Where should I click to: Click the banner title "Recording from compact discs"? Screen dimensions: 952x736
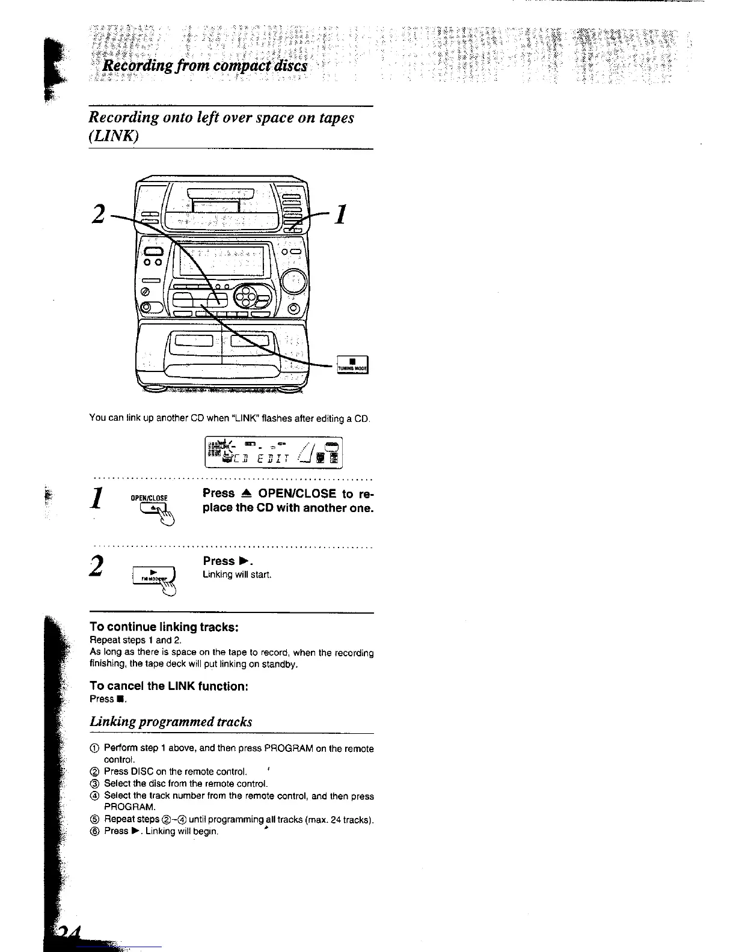click(x=205, y=65)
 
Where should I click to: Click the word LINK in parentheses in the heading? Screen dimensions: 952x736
click(x=114, y=136)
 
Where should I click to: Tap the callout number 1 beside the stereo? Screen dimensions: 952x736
click(x=340, y=213)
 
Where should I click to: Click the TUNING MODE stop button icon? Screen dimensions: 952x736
click(x=353, y=365)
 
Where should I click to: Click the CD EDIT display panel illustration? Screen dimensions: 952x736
click(x=274, y=451)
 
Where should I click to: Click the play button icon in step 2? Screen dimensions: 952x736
click(x=153, y=576)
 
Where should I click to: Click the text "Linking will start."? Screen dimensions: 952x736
click(x=238, y=575)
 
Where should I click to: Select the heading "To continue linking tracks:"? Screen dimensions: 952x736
click(x=164, y=627)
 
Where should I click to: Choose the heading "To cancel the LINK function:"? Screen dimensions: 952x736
click(x=169, y=686)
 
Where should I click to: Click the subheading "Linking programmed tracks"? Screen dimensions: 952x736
click(x=171, y=721)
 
